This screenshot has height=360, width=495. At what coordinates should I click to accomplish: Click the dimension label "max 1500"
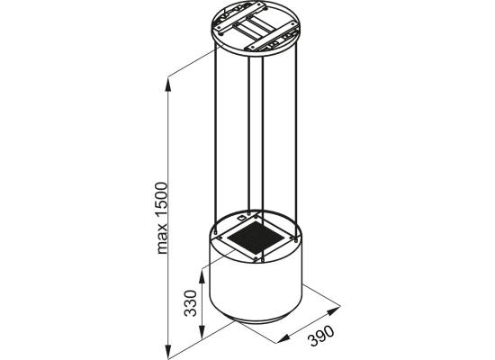[x=162, y=218]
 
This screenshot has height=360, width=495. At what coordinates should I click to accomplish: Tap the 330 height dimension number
[x=191, y=303]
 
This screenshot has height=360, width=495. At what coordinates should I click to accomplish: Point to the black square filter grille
[x=256, y=237]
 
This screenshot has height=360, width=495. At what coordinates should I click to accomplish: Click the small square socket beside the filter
[x=241, y=217]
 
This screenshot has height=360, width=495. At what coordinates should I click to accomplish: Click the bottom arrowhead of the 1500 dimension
[x=168, y=352]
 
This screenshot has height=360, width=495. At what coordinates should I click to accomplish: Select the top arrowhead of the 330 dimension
[x=202, y=276]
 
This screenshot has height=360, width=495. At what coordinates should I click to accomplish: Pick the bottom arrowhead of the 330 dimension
[x=202, y=332]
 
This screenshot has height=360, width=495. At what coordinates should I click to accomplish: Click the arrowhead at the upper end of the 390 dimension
[x=332, y=310]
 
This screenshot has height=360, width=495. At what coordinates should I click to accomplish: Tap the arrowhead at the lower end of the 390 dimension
[x=283, y=338]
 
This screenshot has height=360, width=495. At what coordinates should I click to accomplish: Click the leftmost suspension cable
[x=216, y=138]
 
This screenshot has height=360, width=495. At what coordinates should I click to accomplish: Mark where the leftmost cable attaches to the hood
[x=216, y=234]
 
